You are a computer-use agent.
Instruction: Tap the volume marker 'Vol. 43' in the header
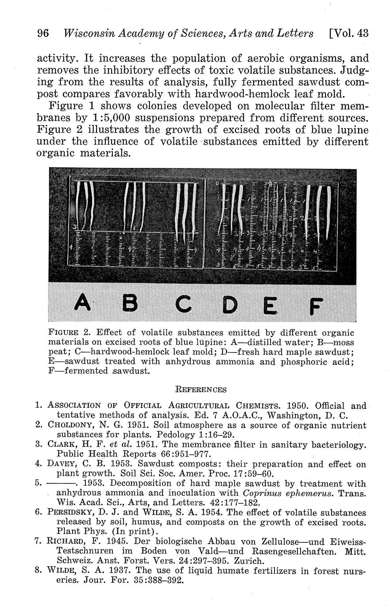point(349,33)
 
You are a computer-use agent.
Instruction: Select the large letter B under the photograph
point(129,304)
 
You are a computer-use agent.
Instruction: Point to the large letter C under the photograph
point(182,304)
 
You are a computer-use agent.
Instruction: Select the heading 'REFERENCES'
point(201,390)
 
